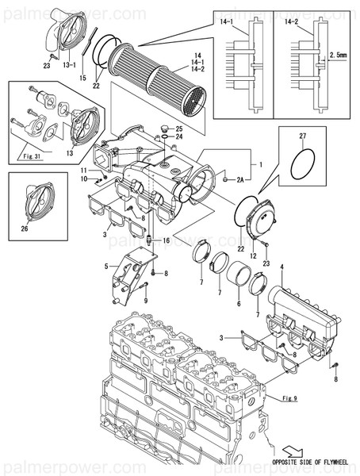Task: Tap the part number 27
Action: [x=301, y=137]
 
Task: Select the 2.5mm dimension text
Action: [x=338, y=56]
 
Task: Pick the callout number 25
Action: [x=179, y=129]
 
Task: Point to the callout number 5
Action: [x=105, y=267]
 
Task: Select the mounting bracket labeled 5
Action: [x=128, y=274]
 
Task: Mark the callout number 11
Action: [x=82, y=171]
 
